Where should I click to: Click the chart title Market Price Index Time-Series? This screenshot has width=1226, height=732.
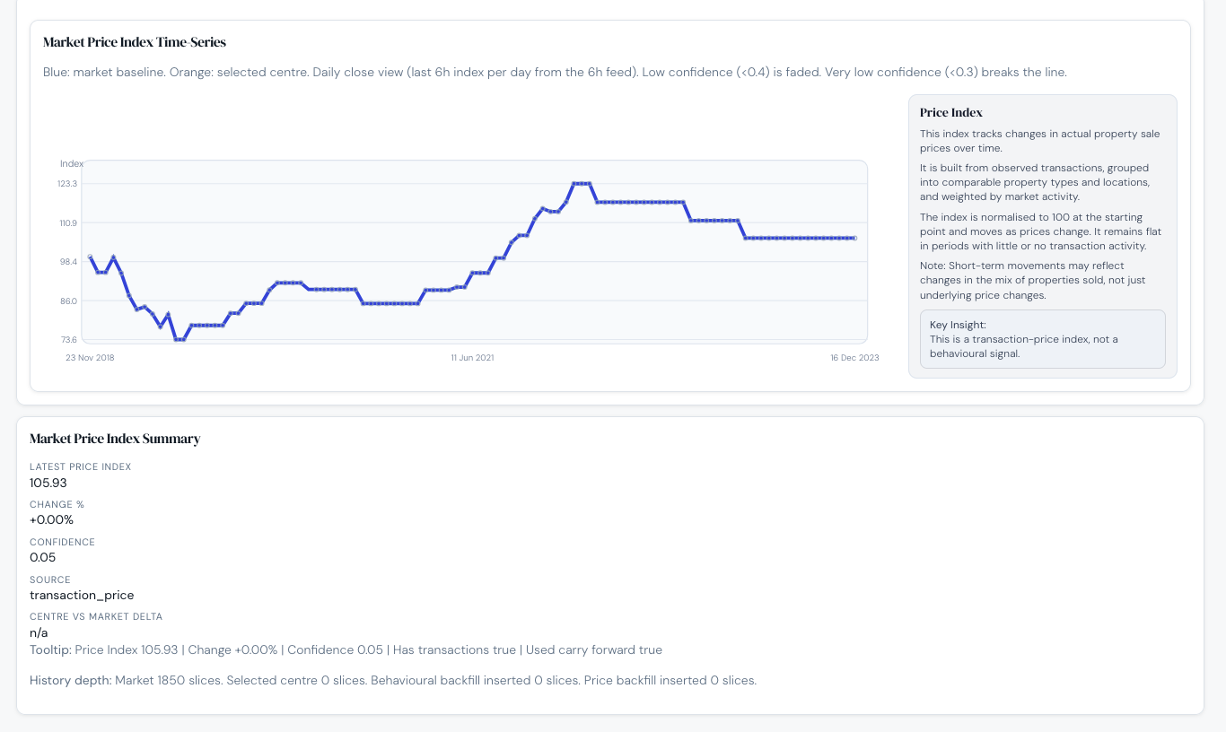pyautogui.click(x=135, y=42)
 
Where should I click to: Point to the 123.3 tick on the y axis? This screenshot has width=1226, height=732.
pyautogui.click(x=67, y=184)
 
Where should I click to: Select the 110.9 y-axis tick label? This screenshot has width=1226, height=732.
pyautogui.click(x=67, y=222)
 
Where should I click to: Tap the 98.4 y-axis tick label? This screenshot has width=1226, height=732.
pyautogui.click(x=67, y=262)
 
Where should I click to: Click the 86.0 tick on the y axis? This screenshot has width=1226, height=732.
pyautogui.click(x=67, y=301)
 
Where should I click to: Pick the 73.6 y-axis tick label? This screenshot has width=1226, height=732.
pyautogui.click(x=67, y=340)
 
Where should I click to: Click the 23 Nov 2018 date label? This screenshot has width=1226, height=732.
pyautogui.click(x=90, y=358)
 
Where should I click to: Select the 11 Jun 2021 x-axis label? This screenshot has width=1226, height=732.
pyautogui.click(x=472, y=358)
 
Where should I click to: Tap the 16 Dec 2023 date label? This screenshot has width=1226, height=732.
pyautogui.click(x=854, y=358)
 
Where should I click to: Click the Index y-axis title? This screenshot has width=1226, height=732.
pyautogui.click(x=72, y=163)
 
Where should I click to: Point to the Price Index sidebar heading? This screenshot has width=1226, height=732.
pyautogui.click(x=951, y=113)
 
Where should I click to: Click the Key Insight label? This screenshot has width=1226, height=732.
pyautogui.click(x=958, y=325)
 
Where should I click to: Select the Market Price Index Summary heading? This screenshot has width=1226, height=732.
pyautogui.click(x=115, y=439)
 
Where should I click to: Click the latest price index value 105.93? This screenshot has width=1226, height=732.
pyautogui.click(x=48, y=483)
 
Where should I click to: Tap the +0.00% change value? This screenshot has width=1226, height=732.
pyautogui.click(x=51, y=520)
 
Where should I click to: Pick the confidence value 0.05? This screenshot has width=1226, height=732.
pyautogui.click(x=42, y=558)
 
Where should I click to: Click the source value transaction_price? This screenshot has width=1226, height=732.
pyautogui.click(x=82, y=596)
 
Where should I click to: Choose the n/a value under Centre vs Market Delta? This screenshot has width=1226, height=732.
pyautogui.click(x=39, y=633)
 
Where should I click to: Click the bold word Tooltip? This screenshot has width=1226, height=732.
pyautogui.click(x=50, y=650)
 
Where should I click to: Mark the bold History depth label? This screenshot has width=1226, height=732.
pyautogui.click(x=70, y=681)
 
